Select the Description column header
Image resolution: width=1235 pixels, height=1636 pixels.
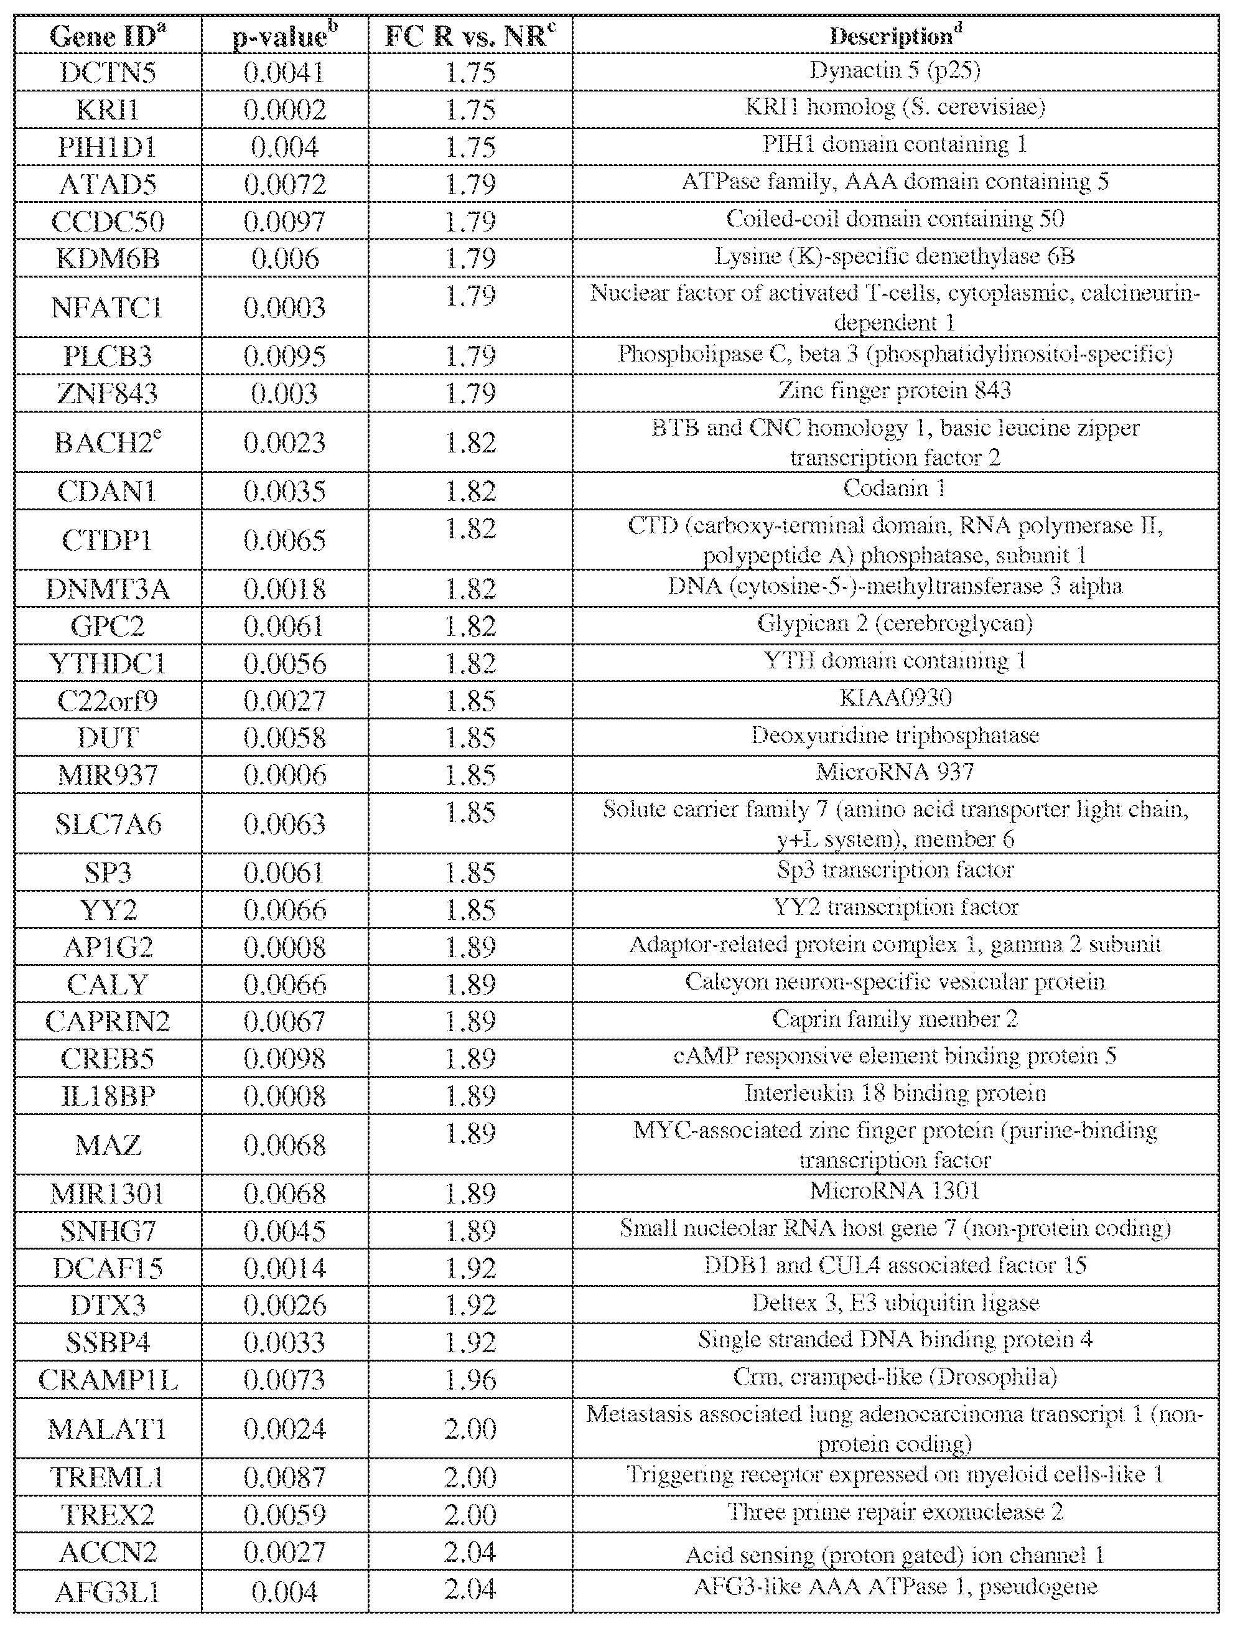pyautogui.click(x=895, y=35)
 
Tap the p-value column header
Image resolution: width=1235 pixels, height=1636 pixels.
pyautogui.click(x=285, y=35)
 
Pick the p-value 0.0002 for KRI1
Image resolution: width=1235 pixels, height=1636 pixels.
pyautogui.click(x=285, y=110)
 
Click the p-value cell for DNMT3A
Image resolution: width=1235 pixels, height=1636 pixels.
pyautogui.click(x=285, y=589)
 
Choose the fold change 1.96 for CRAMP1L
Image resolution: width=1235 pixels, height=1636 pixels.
pyautogui.click(x=470, y=1380)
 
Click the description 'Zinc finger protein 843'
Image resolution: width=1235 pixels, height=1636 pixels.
pyautogui.click(x=894, y=391)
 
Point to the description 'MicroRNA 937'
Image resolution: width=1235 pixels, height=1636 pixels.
pyautogui.click(x=895, y=772)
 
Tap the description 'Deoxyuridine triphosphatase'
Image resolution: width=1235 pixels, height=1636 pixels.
pyautogui.click(x=895, y=735)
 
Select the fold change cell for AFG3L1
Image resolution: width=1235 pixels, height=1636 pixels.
pyautogui.click(x=470, y=1589)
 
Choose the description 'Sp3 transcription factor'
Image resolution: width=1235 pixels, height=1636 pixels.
pyautogui.click(x=895, y=870)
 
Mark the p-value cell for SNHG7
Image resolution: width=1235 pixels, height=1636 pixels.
pyautogui.click(x=285, y=1231)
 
